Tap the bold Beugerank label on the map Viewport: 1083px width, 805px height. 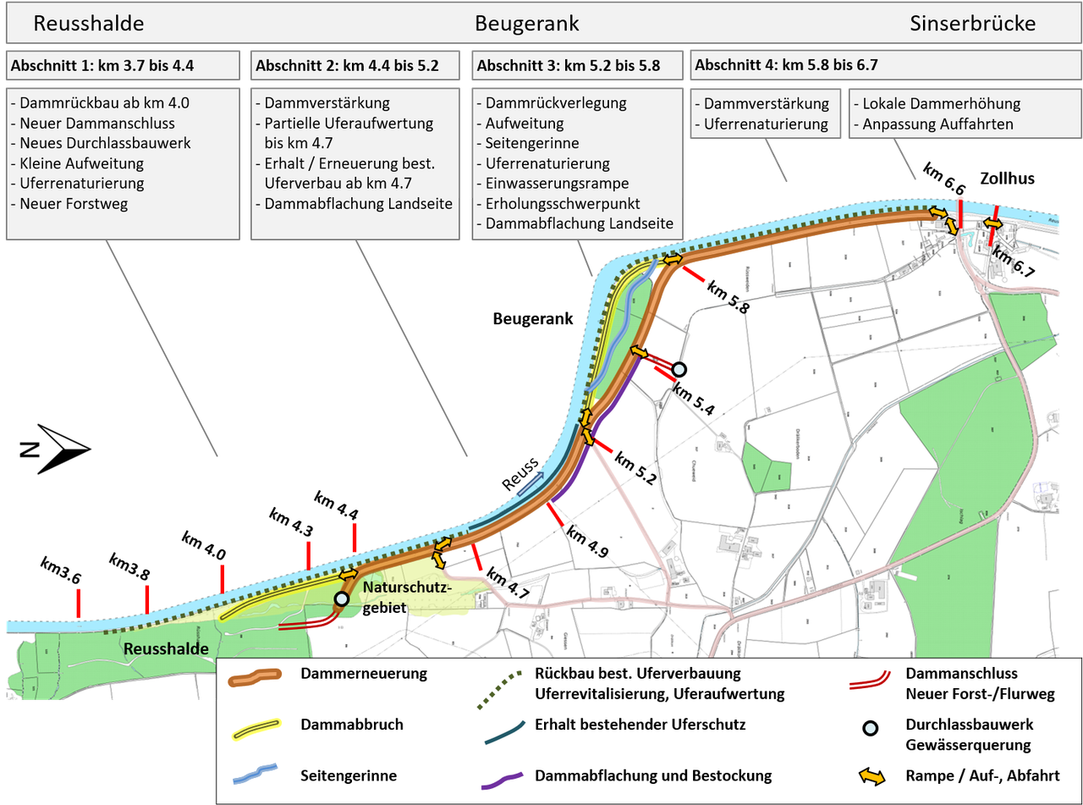[533, 319]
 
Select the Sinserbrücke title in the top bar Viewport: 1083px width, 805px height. [973, 23]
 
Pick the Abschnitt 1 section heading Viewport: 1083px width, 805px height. [98, 65]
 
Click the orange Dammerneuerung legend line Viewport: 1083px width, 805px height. [256, 675]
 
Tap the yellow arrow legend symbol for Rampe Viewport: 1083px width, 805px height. [871, 775]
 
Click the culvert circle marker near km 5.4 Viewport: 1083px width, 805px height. [678, 369]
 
